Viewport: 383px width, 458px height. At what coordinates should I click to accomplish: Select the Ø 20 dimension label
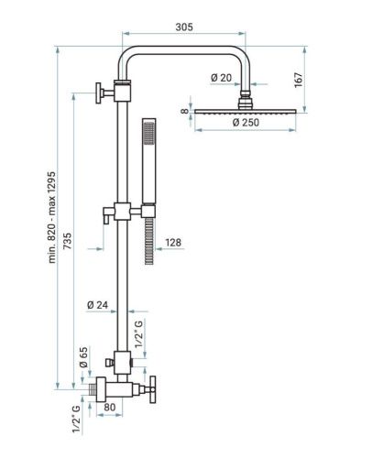[x=219, y=77]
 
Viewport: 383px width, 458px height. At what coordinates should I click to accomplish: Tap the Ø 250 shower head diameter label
[x=246, y=123]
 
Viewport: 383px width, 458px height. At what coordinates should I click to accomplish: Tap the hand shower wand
[x=148, y=165]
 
